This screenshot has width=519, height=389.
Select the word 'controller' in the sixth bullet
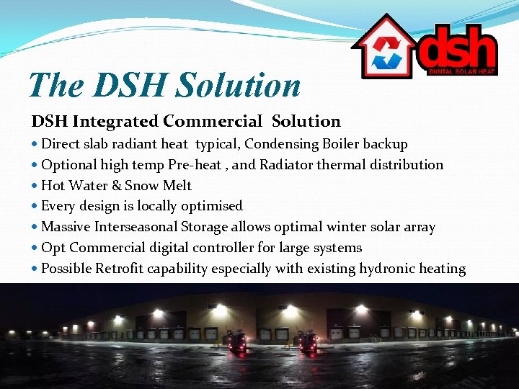(x=219, y=248)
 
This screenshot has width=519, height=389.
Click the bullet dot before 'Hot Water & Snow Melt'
(x=35, y=186)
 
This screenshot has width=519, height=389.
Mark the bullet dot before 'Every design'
(x=35, y=207)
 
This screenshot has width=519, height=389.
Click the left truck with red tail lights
(x=236, y=341)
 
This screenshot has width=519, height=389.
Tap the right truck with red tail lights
(x=309, y=341)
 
